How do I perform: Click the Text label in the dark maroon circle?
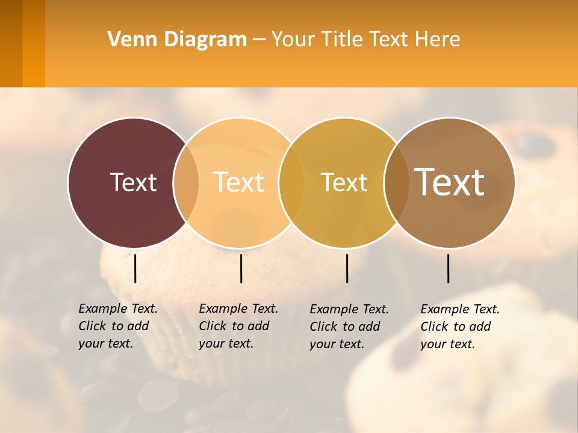coord(133,182)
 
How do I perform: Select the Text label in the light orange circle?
coord(239,182)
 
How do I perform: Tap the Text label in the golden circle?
coord(344,182)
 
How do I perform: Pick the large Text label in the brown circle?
coord(450,182)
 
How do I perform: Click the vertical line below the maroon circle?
coord(135,268)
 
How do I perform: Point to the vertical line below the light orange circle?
coord(241,268)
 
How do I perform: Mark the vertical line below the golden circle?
coord(347,268)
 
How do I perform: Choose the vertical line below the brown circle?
coord(449,268)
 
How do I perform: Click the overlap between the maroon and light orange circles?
coord(186,182)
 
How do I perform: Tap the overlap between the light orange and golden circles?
coord(291,182)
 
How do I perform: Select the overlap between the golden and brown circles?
coord(396,182)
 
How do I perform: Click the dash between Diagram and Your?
coord(259,40)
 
